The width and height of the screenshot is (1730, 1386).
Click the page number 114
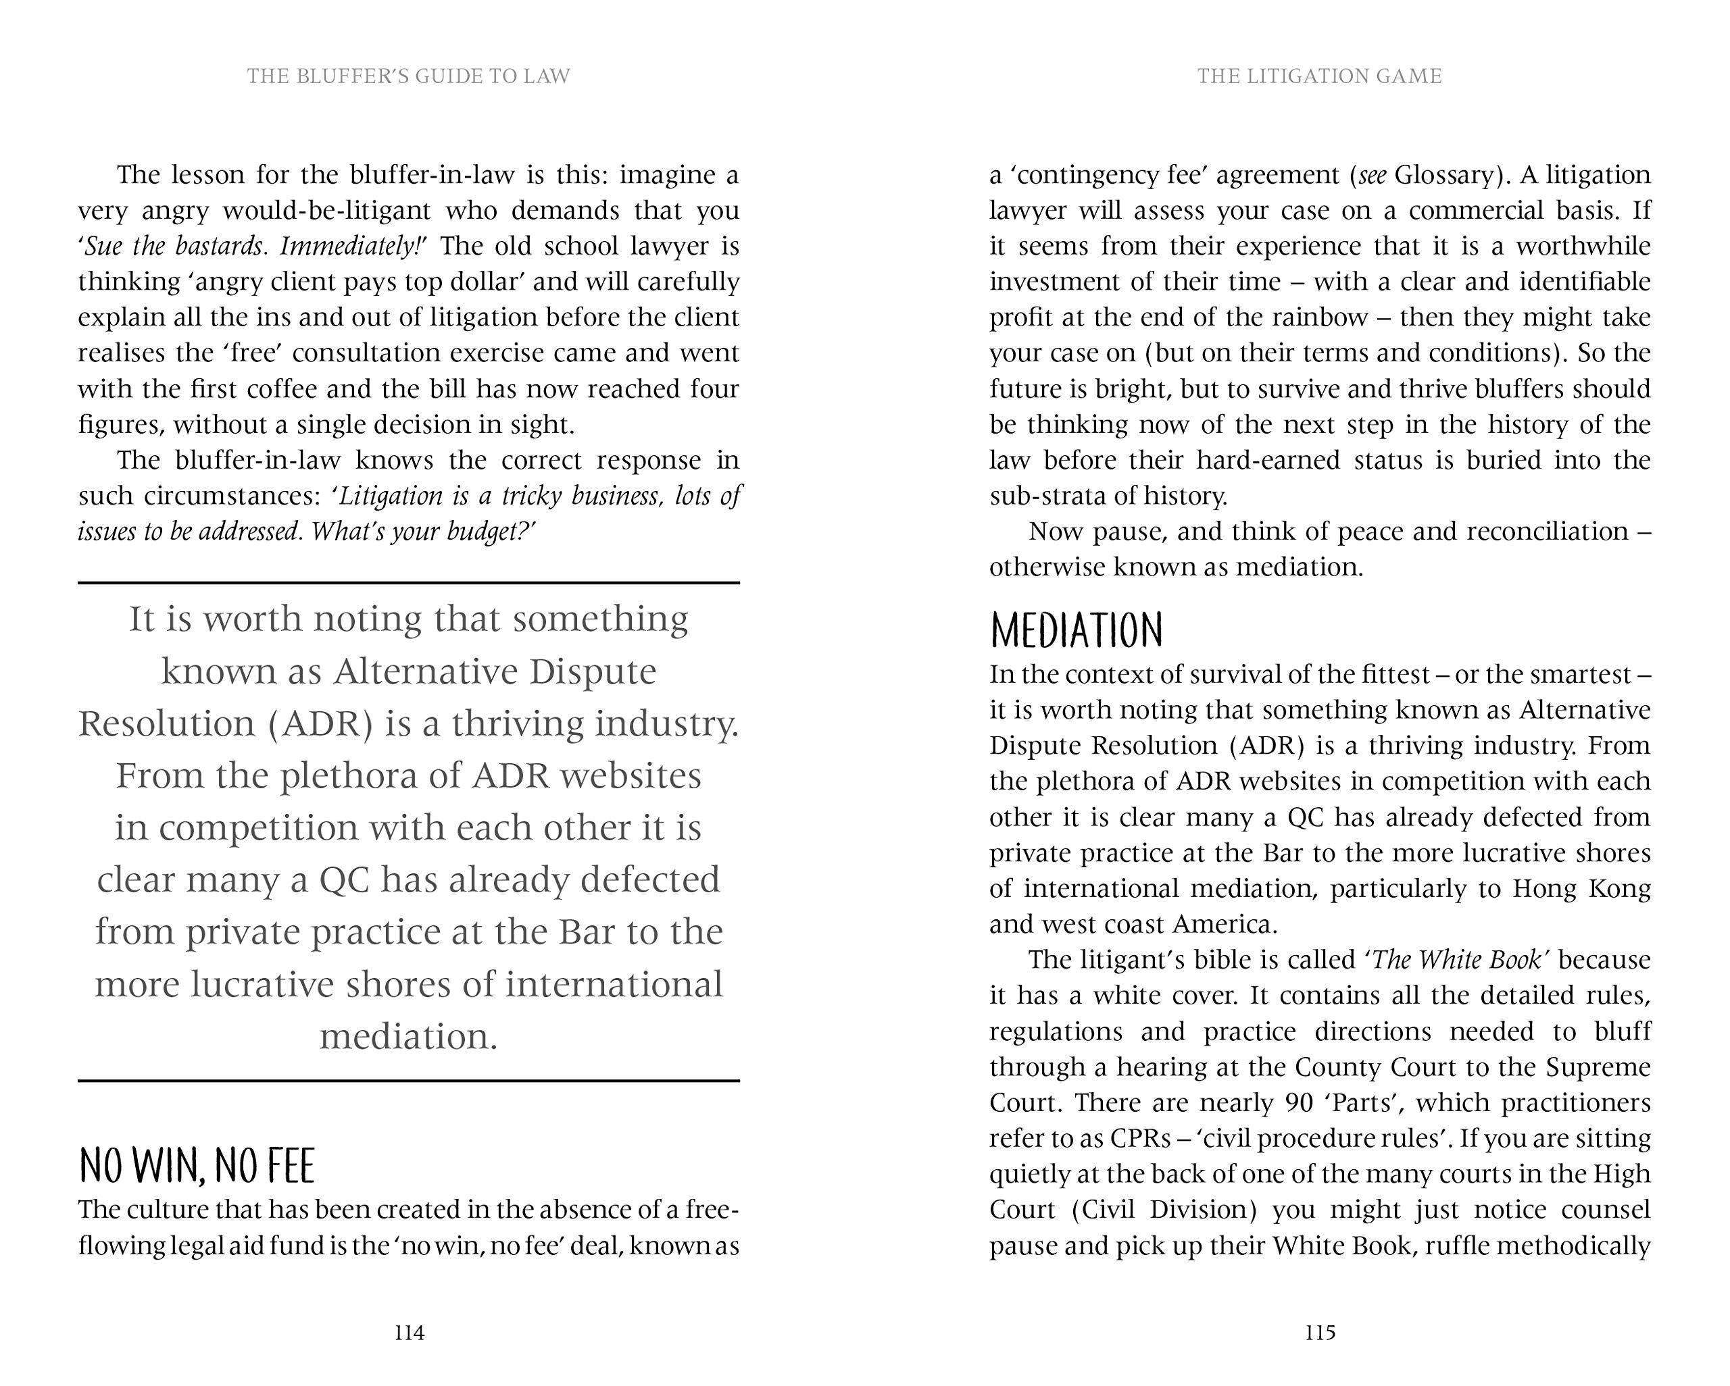click(410, 1333)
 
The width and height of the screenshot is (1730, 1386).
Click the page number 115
click(1320, 1333)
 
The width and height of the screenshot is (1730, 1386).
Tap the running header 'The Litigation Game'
click(1320, 76)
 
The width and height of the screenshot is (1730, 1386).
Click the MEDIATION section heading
click(1077, 630)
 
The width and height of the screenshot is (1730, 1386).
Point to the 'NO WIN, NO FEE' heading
click(197, 1166)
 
